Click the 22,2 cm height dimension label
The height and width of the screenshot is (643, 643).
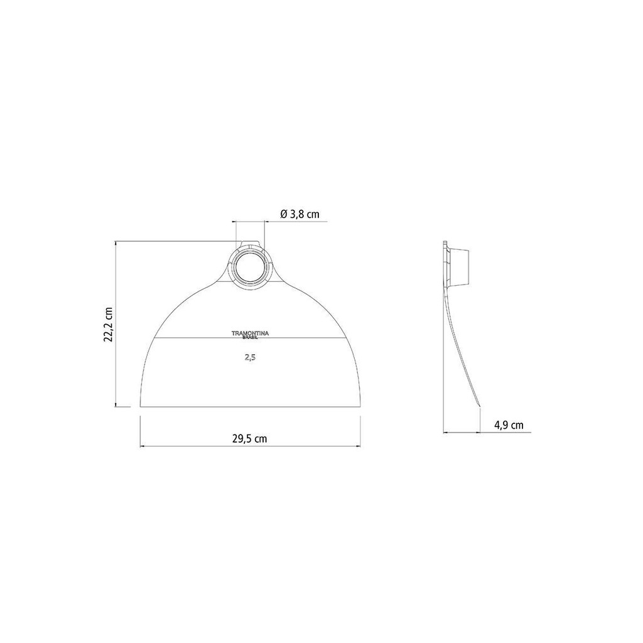pyautogui.click(x=109, y=325)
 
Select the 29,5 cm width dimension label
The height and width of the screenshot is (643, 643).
pyautogui.click(x=250, y=439)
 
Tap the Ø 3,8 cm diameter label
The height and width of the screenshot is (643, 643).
pyautogui.click(x=300, y=214)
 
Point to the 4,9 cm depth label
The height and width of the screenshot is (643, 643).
pyautogui.click(x=509, y=425)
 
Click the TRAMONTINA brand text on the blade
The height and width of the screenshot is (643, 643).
pyautogui.click(x=250, y=333)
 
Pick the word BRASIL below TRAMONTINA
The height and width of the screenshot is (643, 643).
pyautogui.click(x=250, y=337)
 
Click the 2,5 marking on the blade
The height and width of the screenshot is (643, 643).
pyautogui.click(x=250, y=357)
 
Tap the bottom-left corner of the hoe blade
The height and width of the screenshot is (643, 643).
pyautogui.click(x=140, y=407)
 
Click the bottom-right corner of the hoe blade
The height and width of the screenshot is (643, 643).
pyautogui.click(x=360, y=407)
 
